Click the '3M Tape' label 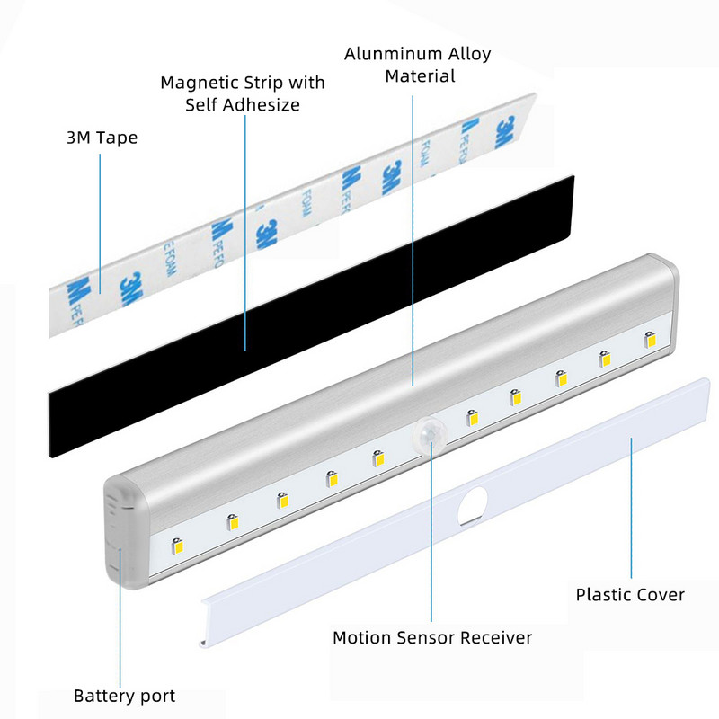click(x=102, y=138)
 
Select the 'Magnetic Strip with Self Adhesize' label click(x=243, y=93)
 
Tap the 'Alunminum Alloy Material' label click(x=418, y=65)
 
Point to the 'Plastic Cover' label click(x=630, y=595)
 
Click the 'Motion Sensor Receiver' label click(x=432, y=638)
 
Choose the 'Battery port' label click(x=124, y=696)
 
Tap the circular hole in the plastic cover click(x=475, y=506)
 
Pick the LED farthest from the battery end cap click(x=650, y=341)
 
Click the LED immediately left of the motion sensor click(x=378, y=458)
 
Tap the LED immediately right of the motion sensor click(x=472, y=417)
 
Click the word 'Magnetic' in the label click(x=199, y=83)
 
